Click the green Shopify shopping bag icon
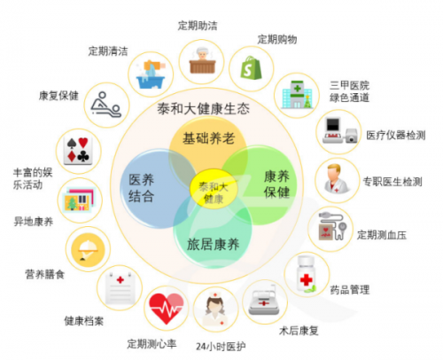pos(251,68)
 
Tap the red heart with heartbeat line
pos(167,309)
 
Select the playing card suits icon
pos(78,151)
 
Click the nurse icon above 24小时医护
pos(215,309)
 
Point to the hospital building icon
pos(297,95)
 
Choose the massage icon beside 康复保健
pos(106,105)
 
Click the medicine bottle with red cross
pos(307,275)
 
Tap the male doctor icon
pos(337,179)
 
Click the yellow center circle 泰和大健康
pos(214,189)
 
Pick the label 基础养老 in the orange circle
pos(208,138)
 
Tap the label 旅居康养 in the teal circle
pos(213,245)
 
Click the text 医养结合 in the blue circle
pos(142,187)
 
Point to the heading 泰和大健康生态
pos(204,108)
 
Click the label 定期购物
pos(277,39)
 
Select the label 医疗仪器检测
pos(396,135)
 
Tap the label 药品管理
pos(350,290)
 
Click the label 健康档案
pos(84,321)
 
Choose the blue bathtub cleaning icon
pos(151,74)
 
